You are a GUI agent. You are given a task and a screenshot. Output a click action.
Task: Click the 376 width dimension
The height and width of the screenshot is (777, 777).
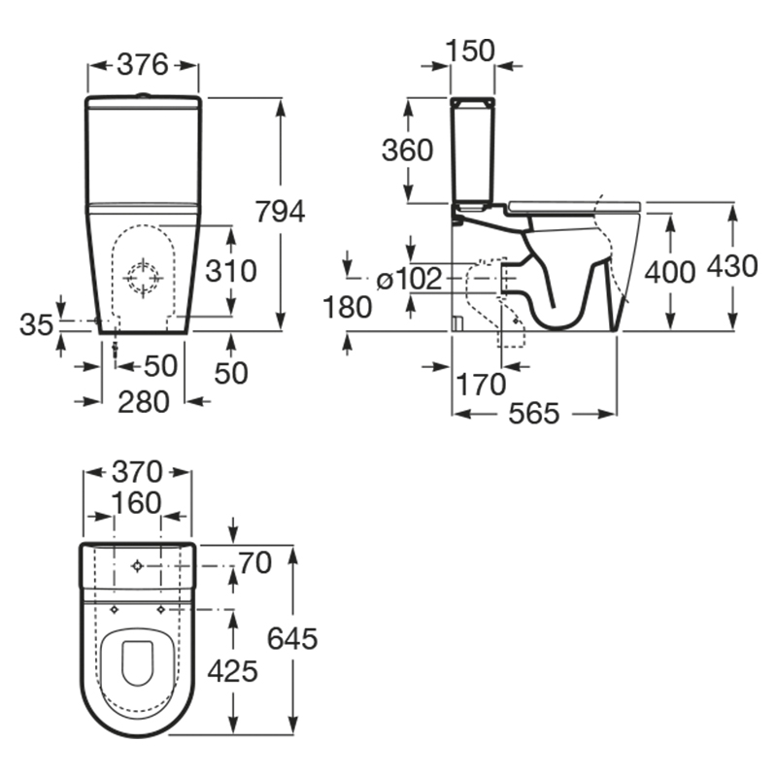click(x=143, y=65)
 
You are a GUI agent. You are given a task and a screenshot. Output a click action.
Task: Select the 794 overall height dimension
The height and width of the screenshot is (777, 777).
click(x=280, y=212)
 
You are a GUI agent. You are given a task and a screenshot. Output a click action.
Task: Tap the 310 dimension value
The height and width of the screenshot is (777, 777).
click(x=231, y=271)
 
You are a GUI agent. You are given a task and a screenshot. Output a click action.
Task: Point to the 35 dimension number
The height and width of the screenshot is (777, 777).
click(x=36, y=325)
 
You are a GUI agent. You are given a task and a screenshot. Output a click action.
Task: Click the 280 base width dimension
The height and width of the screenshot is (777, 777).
click(x=144, y=401)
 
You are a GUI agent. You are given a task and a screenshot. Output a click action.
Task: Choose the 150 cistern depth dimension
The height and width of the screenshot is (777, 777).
click(x=470, y=51)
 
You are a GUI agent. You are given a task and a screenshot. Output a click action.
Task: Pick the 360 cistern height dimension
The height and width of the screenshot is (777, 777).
click(x=407, y=151)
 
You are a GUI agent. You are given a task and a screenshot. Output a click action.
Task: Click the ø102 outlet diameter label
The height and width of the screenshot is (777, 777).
click(x=409, y=280)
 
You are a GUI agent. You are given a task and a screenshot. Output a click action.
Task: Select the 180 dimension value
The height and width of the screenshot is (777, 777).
click(x=348, y=307)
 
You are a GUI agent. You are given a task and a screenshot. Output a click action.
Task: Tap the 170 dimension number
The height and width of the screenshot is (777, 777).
click(x=481, y=385)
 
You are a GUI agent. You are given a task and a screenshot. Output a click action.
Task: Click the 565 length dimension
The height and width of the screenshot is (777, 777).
click(x=533, y=414)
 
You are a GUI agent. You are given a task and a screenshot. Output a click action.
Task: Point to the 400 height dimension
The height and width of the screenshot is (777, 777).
click(x=670, y=273)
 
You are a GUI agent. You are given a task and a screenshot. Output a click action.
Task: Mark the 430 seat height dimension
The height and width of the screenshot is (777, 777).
click(x=732, y=265)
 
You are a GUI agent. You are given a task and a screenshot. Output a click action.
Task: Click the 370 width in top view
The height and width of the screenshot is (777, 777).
click(x=137, y=472)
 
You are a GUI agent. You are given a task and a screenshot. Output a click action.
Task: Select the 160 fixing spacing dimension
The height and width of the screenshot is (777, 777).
click(x=137, y=502)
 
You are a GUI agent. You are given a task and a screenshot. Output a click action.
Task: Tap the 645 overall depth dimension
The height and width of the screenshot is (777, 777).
click(x=292, y=638)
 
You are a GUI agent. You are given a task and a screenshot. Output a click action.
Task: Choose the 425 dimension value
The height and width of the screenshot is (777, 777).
click(x=232, y=672)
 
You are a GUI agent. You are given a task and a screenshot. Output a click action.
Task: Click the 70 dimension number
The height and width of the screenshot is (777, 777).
click(x=255, y=563)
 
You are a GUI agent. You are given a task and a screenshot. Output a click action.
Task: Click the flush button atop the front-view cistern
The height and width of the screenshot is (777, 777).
click(x=143, y=94)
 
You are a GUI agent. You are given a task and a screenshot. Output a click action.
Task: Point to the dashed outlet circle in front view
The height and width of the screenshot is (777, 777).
click(x=143, y=278)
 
